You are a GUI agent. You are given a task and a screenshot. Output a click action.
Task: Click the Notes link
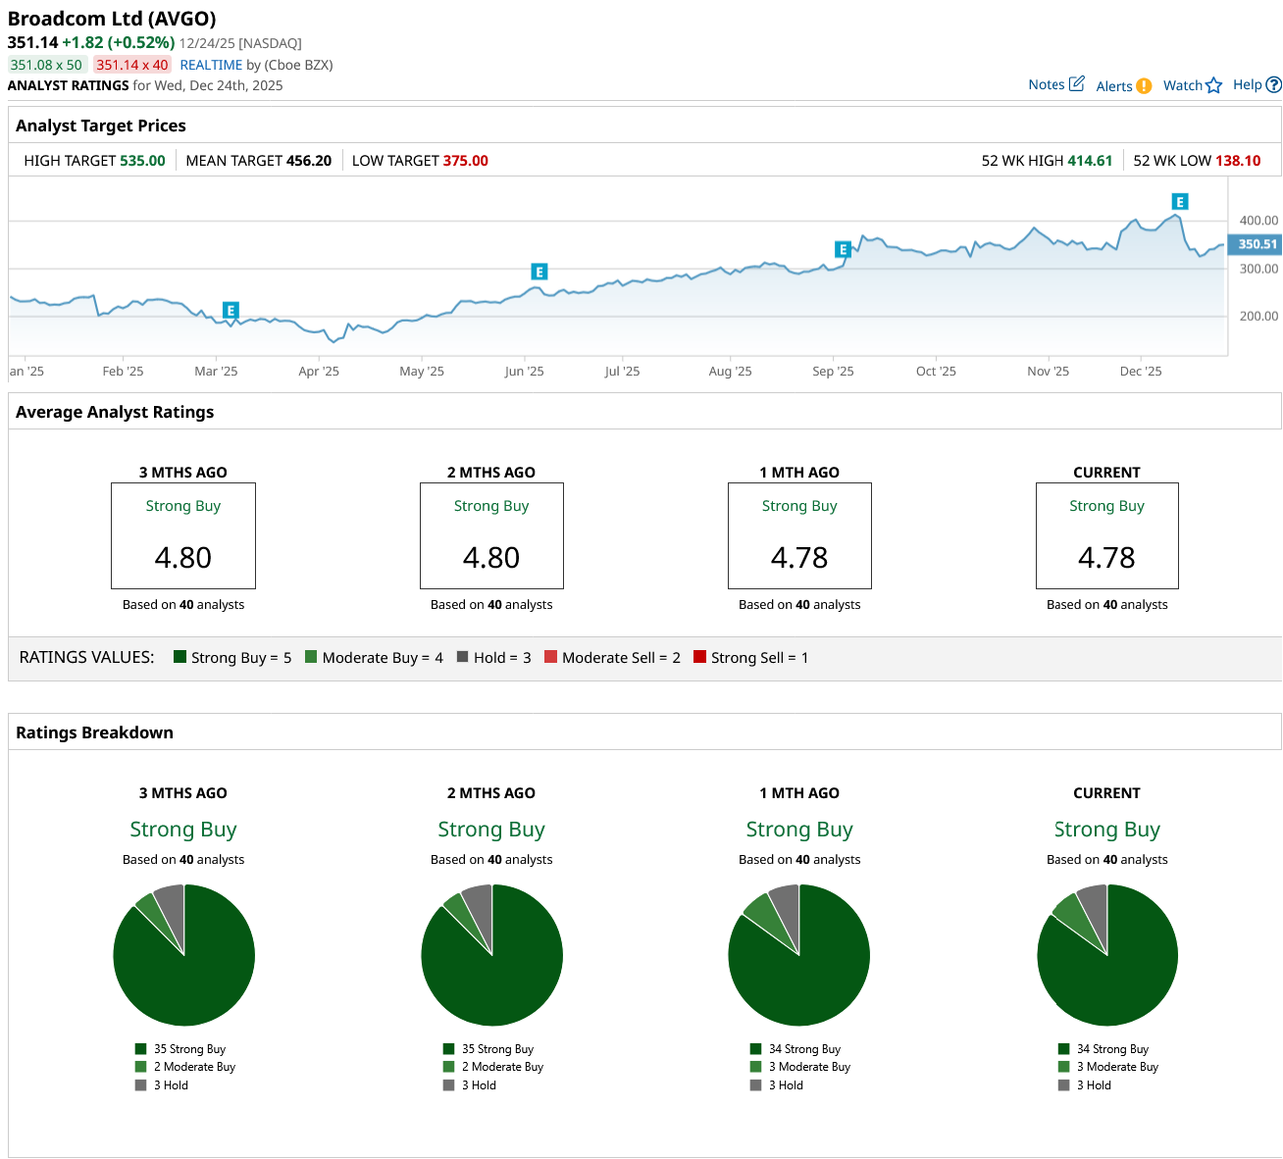point(1055,84)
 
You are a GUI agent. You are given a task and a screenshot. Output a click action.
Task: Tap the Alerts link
point(1122,86)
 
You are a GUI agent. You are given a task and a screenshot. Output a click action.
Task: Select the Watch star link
point(1192,85)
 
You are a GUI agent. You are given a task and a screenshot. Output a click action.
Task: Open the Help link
point(1256,85)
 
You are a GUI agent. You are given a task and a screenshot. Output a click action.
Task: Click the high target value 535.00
point(142,161)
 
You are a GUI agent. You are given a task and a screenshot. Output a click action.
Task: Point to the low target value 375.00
point(465,161)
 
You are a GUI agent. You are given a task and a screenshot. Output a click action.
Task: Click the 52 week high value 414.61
point(1090,161)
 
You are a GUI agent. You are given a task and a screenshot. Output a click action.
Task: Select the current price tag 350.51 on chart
point(1257,244)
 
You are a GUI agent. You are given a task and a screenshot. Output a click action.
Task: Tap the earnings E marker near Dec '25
point(1180,202)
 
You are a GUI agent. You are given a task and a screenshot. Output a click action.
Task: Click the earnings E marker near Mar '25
point(231,310)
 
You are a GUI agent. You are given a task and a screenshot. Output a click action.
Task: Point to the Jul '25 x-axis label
point(622,372)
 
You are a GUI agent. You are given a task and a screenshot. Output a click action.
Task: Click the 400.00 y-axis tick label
point(1258,221)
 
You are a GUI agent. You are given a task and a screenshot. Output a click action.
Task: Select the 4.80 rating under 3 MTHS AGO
point(183,557)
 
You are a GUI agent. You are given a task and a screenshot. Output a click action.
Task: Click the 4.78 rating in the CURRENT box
point(1106,557)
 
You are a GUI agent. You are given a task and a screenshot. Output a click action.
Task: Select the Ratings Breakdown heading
point(94,732)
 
